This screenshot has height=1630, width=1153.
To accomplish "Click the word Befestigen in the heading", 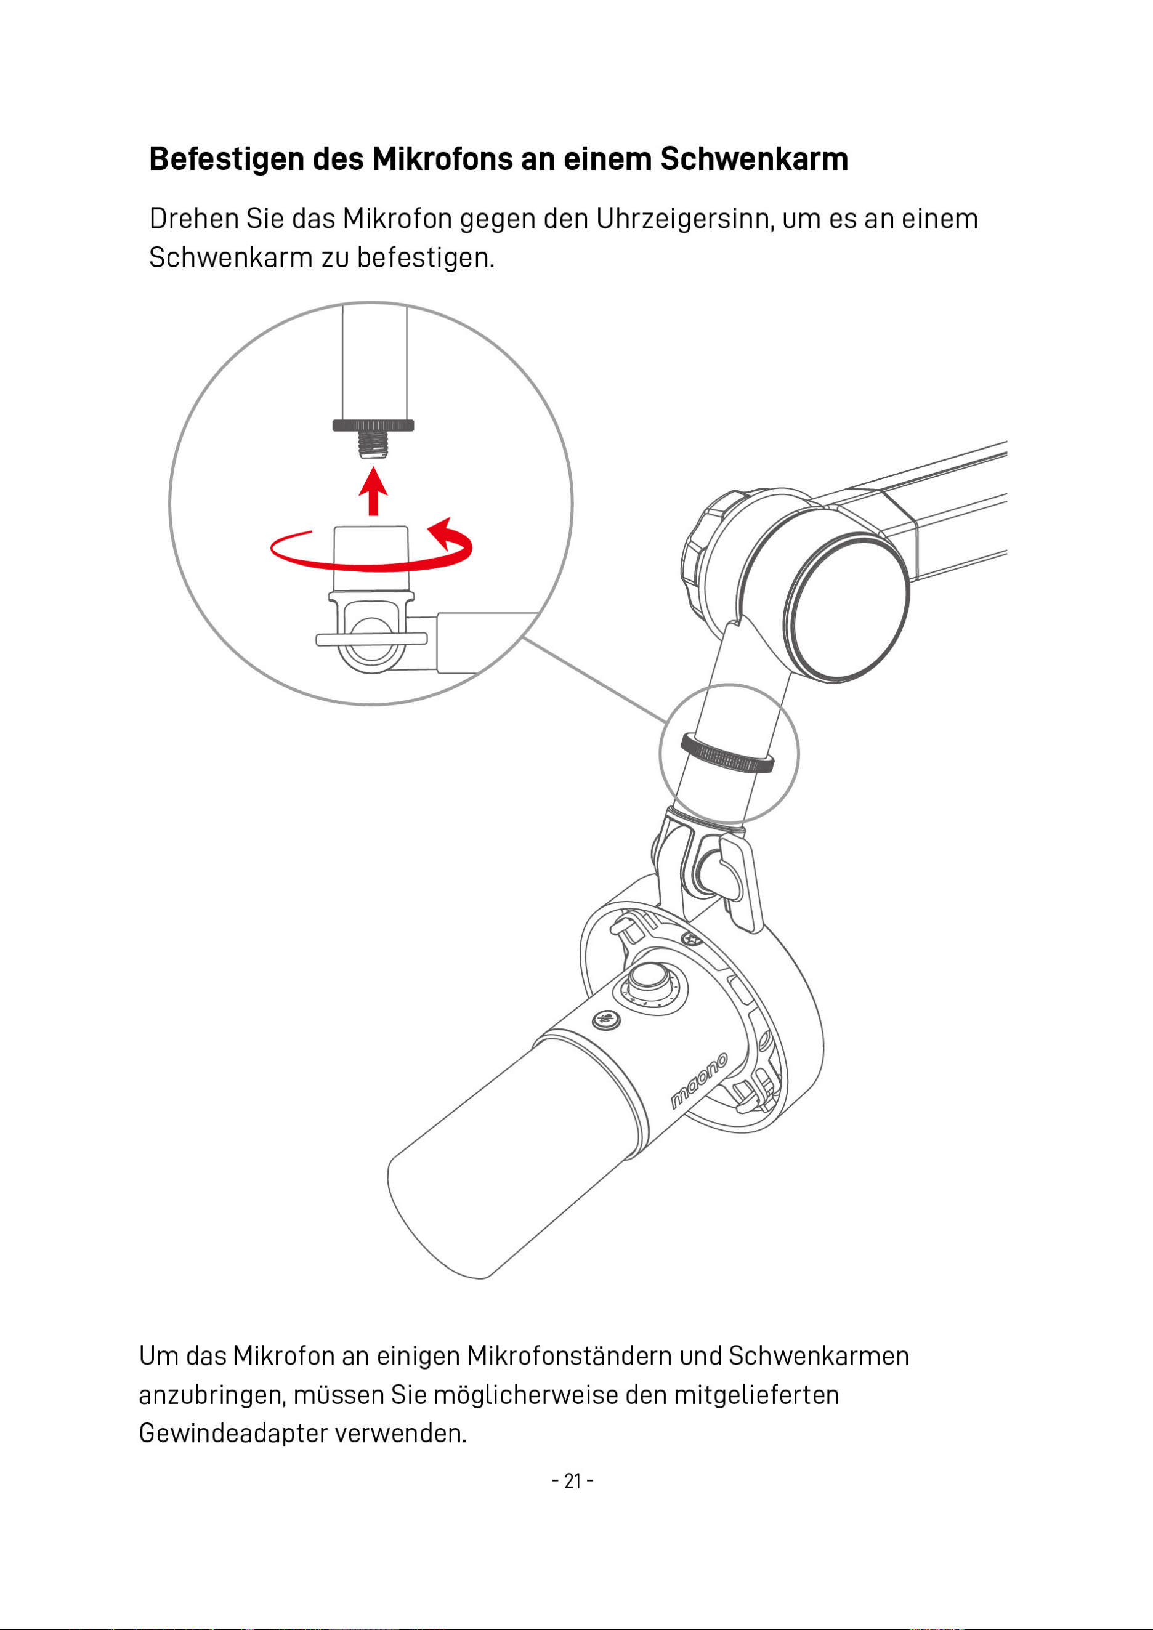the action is pyautogui.click(x=227, y=159).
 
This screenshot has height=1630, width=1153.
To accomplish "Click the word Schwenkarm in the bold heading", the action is pyautogui.click(x=754, y=159).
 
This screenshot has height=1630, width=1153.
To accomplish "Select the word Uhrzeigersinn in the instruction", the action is pyautogui.click(x=685, y=219).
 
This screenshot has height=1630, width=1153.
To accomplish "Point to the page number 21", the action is pyautogui.click(x=572, y=1482).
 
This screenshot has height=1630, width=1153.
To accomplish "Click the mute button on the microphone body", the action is pyautogui.click(x=606, y=1020).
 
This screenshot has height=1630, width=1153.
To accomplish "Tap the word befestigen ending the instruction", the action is pyautogui.click(x=424, y=257).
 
